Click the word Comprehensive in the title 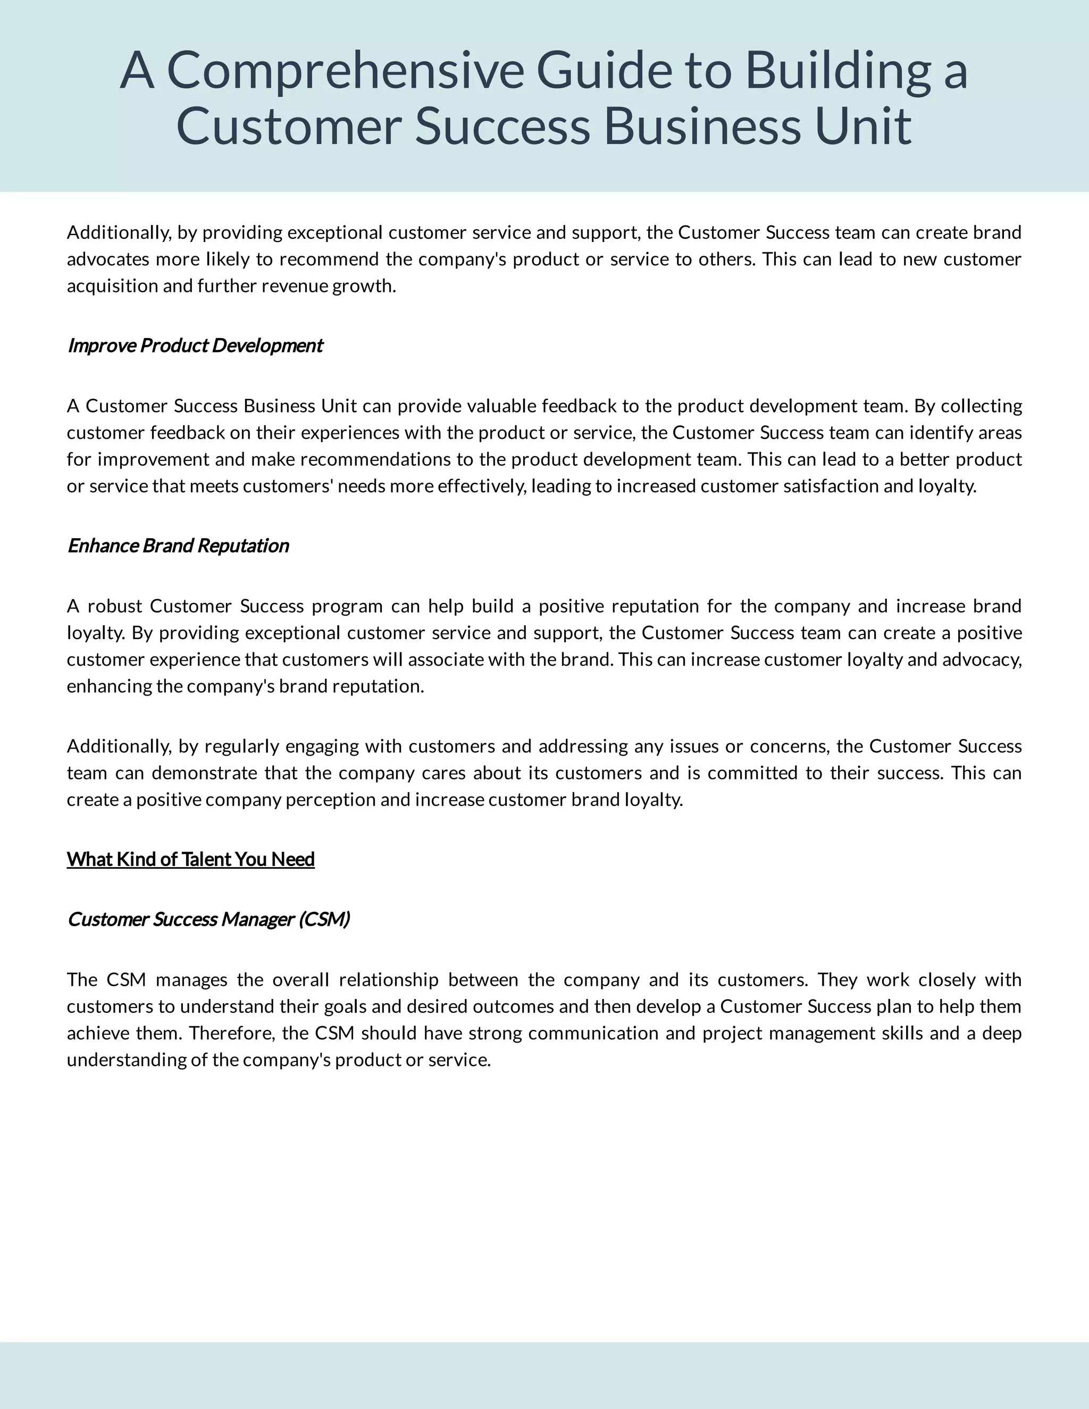345,71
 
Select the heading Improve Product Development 195,346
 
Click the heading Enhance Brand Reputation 178,546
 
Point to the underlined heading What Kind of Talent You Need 190,859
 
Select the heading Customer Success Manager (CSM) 208,919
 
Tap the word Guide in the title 604,71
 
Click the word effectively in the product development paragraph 481,486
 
